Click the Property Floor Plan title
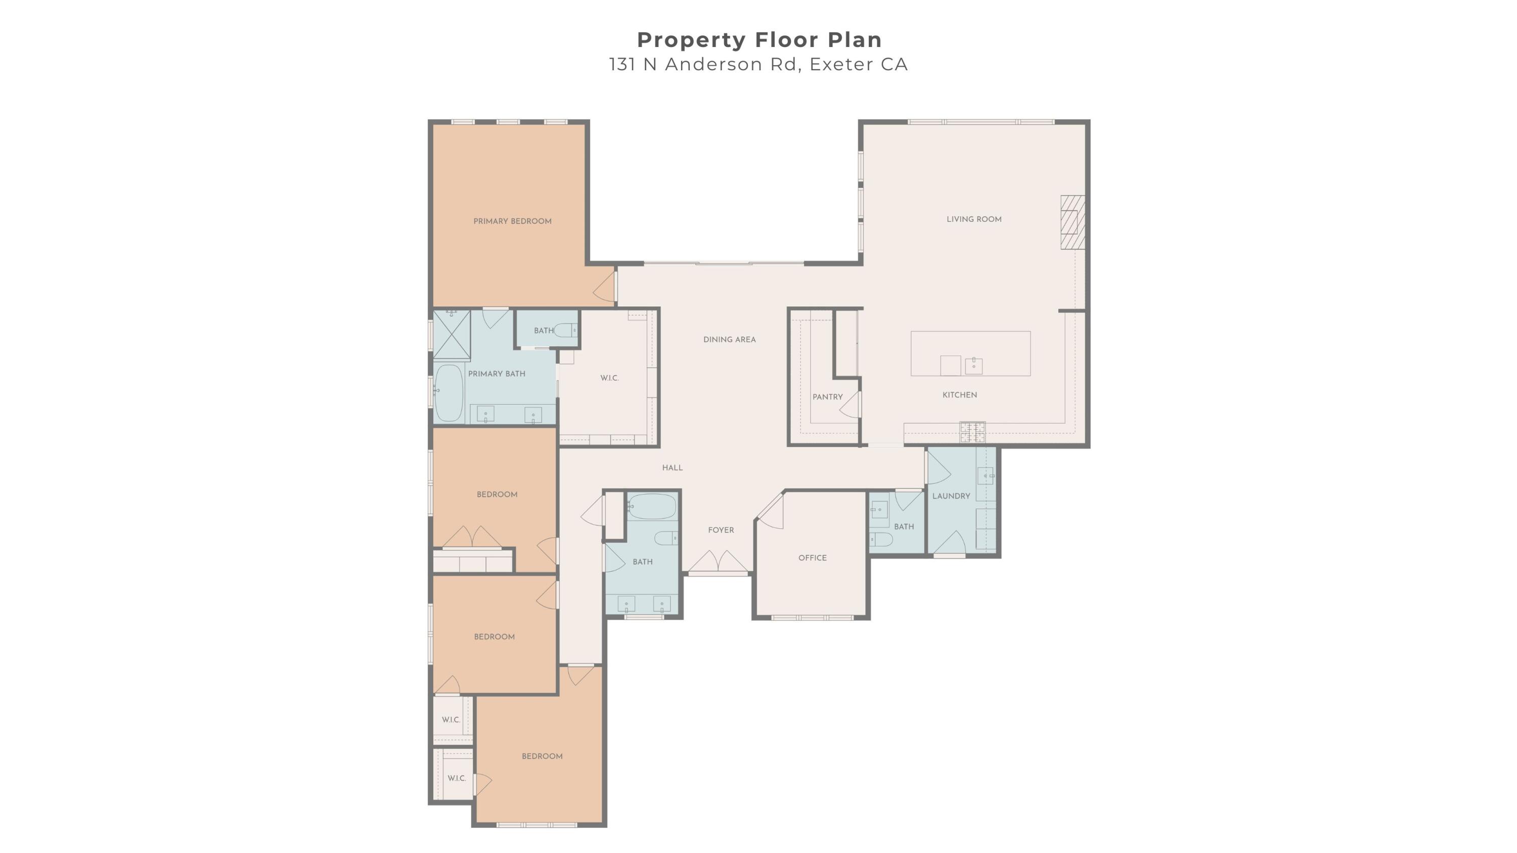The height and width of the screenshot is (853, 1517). coord(759,40)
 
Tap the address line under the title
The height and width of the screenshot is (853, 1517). coord(759,64)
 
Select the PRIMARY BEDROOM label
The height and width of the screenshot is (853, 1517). coord(512,221)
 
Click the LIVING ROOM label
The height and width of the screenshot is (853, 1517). coord(974,219)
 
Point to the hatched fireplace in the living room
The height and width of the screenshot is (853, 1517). coord(1073,222)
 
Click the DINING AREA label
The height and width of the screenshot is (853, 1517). coord(729,340)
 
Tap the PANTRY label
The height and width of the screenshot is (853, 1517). coord(827,397)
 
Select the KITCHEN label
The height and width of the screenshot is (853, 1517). coord(959,395)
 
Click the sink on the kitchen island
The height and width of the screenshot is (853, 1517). coord(973,366)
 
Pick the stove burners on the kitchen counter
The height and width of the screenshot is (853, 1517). coord(972,432)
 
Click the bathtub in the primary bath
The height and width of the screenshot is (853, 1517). coord(449,393)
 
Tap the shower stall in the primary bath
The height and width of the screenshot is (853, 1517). coord(452,334)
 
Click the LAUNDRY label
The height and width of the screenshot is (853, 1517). coord(951,496)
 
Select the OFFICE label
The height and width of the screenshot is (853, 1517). coord(812,558)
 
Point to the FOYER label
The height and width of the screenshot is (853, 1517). coord(721,530)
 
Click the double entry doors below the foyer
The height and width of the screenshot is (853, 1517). coord(718,562)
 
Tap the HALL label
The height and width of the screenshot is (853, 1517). coord(672,468)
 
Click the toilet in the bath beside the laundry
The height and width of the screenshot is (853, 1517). coord(881,538)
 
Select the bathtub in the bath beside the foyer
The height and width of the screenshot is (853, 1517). coord(652,506)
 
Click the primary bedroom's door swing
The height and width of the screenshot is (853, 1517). coord(604,287)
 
